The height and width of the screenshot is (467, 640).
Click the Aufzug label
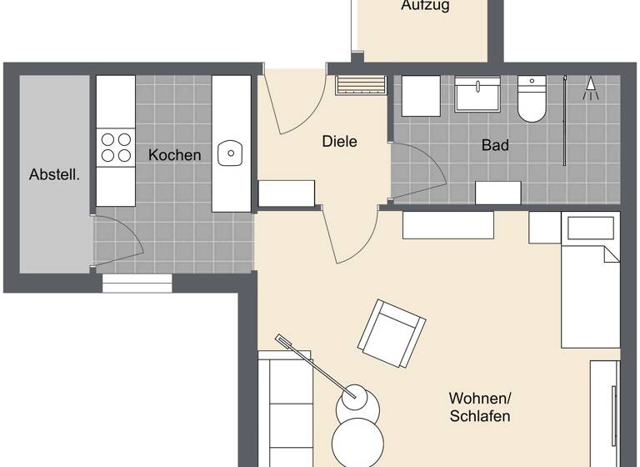click(x=425, y=6)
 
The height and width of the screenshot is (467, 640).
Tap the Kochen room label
click(x=175, y=155)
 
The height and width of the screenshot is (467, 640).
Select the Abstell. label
click(x=54, y=175)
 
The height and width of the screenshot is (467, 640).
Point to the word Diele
click(x=339, y=142)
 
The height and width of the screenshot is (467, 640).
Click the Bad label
click(x=495, y=145)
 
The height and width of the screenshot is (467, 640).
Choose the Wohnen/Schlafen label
click(x=479, y=407)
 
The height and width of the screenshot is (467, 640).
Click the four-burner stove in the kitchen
click(x=116, y=148)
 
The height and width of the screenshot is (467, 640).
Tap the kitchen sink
click(x=230, y=153)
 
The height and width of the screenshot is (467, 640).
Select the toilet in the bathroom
click(x=531, y=99)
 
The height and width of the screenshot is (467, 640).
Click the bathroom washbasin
click(x=478, y=94)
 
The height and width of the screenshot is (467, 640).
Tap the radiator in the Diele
click(x=361, y=85)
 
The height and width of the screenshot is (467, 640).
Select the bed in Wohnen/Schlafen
click(x=590, y=284)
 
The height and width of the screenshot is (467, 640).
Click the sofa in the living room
click(x=285, y=409)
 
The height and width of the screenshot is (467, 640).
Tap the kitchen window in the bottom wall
click(x=137, y=284)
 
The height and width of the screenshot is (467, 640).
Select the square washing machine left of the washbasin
click(x=421, y=96)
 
